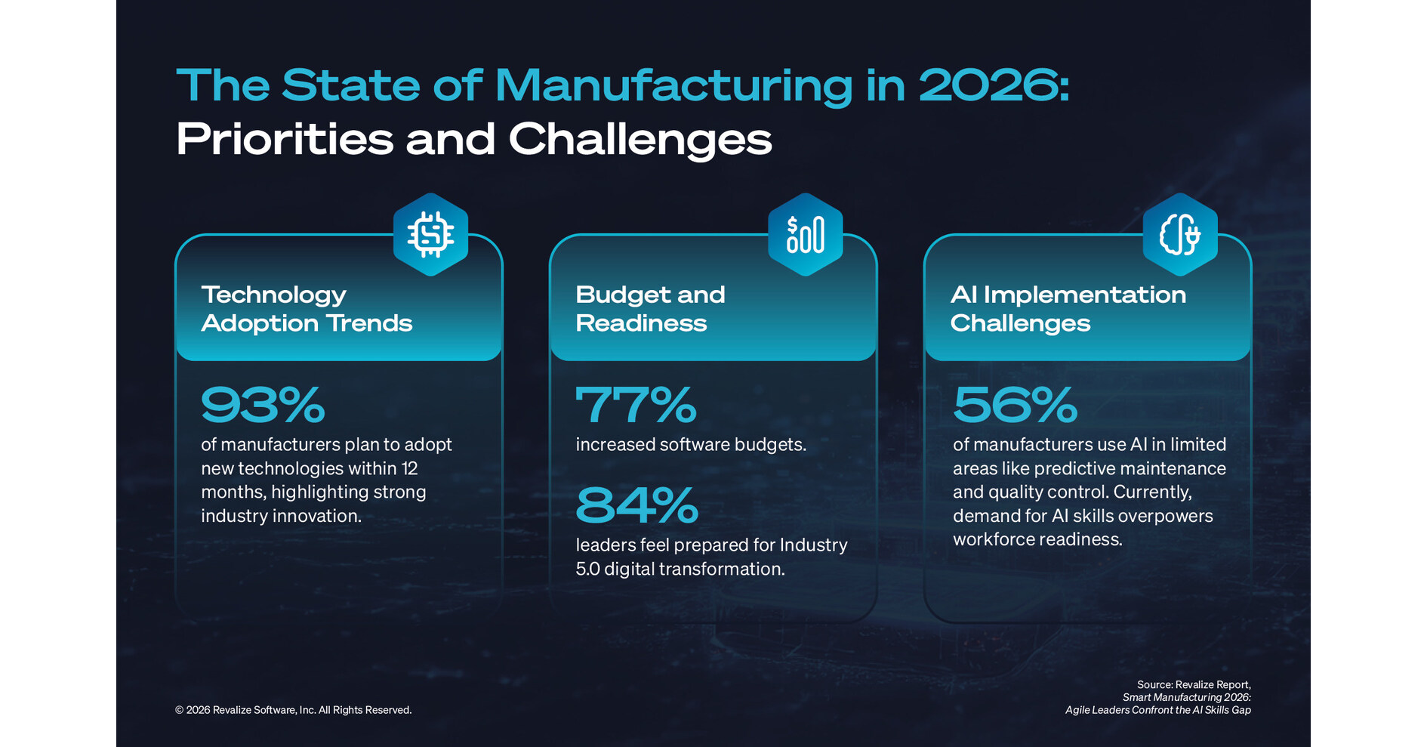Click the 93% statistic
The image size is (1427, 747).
(263, 405)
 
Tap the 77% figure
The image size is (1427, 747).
(635, 405)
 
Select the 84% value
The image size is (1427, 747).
(636, 505)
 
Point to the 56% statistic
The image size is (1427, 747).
(1014, 405)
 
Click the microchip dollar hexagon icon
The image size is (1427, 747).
(430, 234)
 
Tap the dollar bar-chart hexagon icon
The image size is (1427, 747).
(805, 234)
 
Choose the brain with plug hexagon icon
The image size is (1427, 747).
(1179, 234)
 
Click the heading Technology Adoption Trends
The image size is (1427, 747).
(306, 308)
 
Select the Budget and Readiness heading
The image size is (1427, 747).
(649, 308)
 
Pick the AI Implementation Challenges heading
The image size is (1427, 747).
(1067, 308)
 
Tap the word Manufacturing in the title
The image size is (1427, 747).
(673, 85)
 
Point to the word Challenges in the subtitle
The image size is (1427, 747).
(640, 140)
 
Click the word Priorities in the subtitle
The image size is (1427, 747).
(284, 140)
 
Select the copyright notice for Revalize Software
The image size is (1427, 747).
(293, 710)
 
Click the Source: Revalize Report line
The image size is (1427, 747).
(1193, 685)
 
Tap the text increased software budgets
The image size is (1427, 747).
(690, 445)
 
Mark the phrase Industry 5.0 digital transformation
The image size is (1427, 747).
(710, 557)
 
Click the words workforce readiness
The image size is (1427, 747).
(1037, 539)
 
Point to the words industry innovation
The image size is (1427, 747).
(281, 516)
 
